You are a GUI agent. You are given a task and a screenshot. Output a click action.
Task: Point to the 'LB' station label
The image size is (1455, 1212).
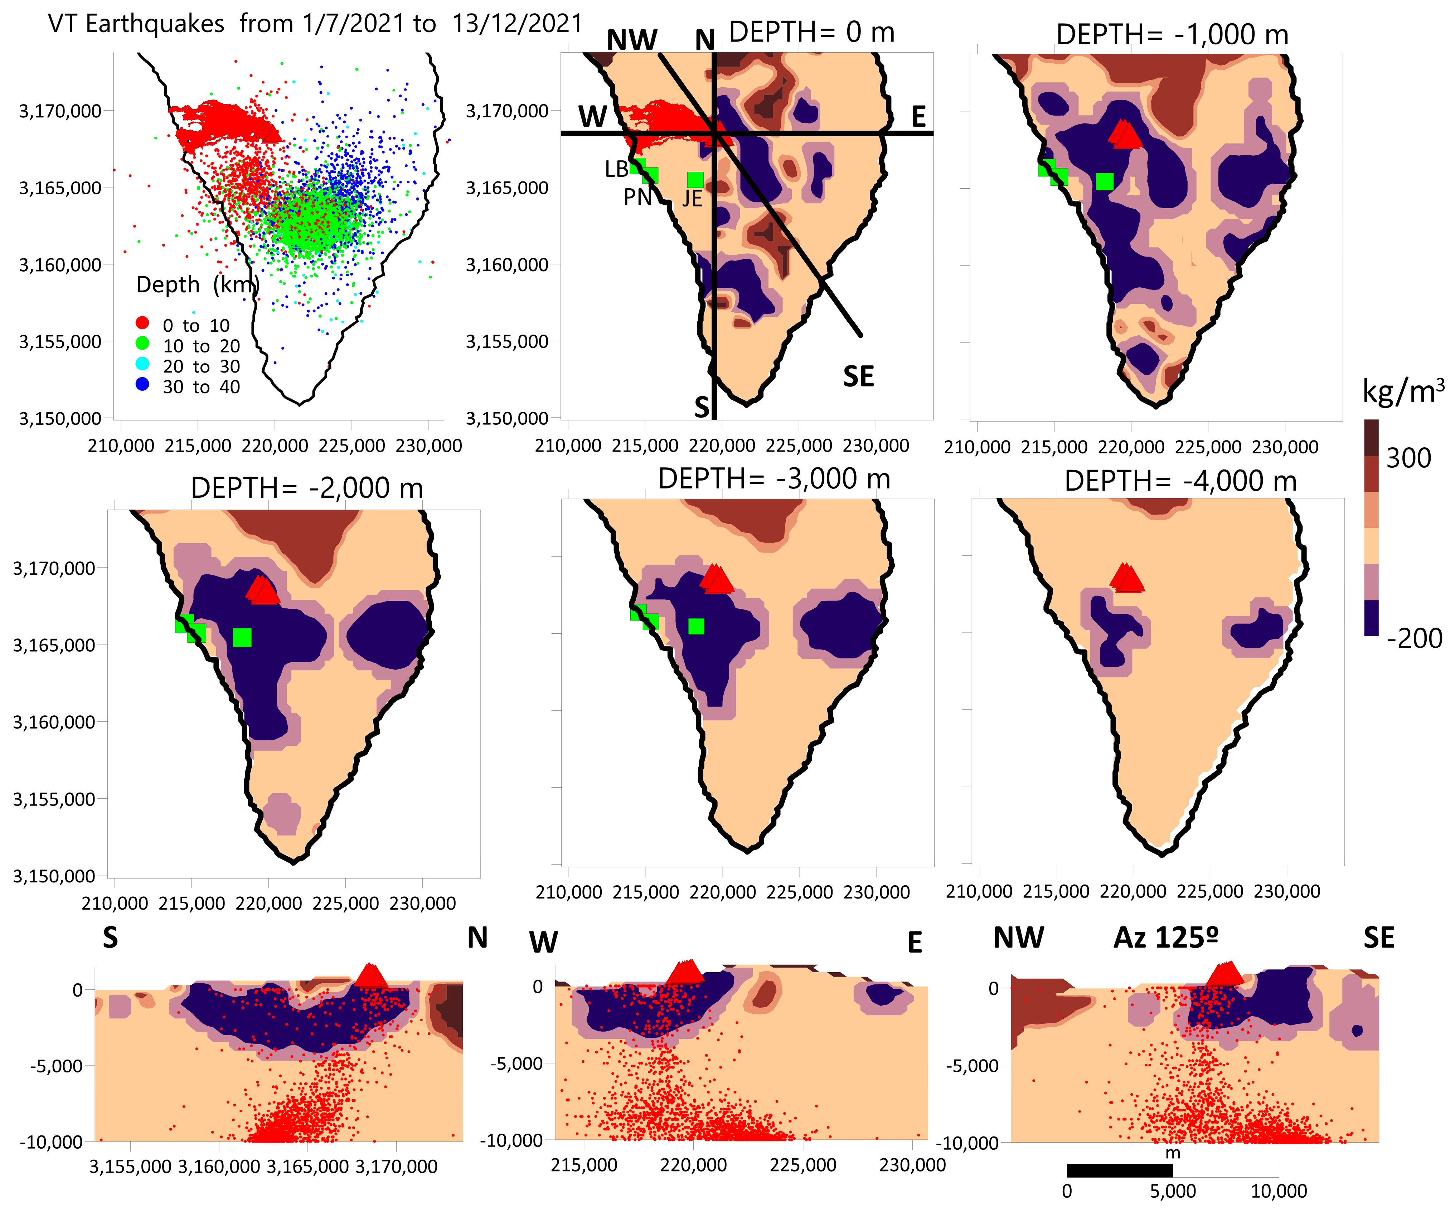click(616, 169)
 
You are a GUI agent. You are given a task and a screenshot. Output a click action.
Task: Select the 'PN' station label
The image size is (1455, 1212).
click(637, 198)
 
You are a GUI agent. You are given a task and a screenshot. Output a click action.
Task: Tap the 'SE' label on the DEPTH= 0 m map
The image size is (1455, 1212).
click(858, 377)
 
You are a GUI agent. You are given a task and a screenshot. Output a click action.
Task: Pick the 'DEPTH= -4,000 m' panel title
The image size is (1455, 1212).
click(1180, 481)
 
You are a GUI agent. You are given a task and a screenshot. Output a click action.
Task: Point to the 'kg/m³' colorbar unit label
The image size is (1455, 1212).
click(1403, 391)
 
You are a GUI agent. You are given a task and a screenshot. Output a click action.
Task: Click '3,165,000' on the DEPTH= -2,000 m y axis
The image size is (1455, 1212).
click(54, 645)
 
